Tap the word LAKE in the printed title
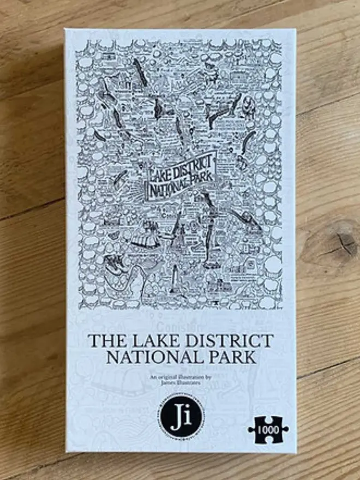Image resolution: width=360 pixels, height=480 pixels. [142, 341]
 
